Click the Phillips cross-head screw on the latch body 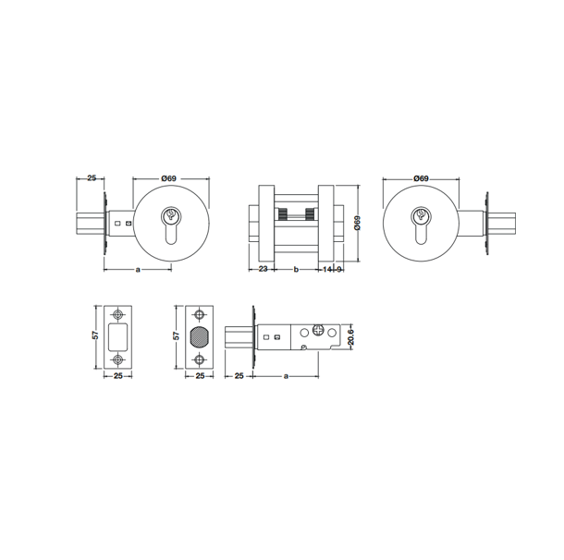pos(319,329)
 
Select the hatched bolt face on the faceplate pos(199,337)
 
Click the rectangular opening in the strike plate pos(118,336)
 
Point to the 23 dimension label pos(264,269)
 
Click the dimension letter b pos(296,269)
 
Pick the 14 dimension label pos(327,269)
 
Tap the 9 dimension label pos(338,269)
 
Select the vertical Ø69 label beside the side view pos(357,223)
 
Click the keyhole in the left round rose pos(171,225)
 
